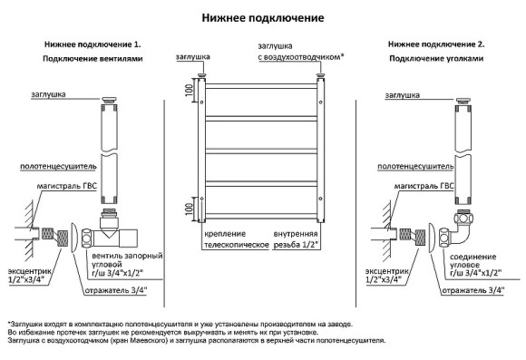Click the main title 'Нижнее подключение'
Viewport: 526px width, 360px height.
tap(262, 17)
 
